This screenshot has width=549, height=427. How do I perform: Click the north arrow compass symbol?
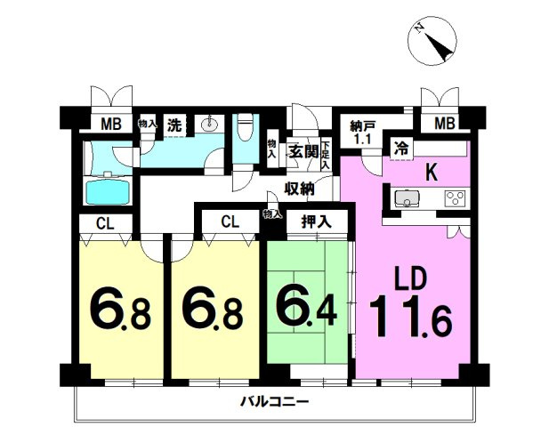(x=432, y=42)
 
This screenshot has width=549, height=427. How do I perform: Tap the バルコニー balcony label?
(x=274, y=401)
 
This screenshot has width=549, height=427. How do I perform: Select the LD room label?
(x=411, y=278)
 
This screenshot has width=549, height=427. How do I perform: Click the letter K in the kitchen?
(x=432, y=173)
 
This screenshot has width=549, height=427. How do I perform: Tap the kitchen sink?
(x=407, y=198)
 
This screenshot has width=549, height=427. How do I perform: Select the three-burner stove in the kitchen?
(x=455, y=198)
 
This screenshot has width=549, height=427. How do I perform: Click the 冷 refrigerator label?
(x=401, y=149)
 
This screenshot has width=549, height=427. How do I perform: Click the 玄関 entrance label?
(x=303, y=151)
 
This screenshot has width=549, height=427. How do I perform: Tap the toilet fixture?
(x=245, y=128)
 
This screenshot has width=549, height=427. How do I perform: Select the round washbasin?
(x=210, y=123)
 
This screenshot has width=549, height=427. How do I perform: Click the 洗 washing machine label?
(x=174, y=125)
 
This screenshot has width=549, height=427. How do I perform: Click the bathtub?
(x=108, y=189)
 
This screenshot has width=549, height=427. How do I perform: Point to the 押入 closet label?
(x=316, y=222)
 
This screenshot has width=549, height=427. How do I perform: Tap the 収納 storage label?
(x=299, y=189)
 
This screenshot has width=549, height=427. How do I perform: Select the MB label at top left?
(x=111, y=125)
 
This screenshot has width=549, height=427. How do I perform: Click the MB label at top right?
(x=445, y=124)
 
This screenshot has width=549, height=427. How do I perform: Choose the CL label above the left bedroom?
(x=105, y=223)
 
